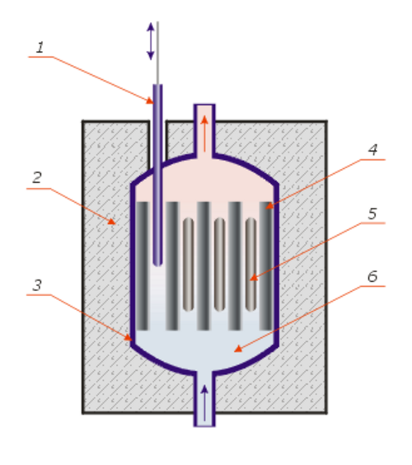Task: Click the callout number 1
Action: pos(40,48)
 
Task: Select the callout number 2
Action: pos(37,177)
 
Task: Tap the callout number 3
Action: pos(37,285)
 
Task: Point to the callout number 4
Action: pos(373,150)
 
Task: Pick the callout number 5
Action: pos(372,214)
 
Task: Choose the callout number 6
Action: pos(372,276)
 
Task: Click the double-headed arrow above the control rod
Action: pos(151,41)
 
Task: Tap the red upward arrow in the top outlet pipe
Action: pos(204,134)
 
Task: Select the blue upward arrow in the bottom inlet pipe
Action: pos(204,402)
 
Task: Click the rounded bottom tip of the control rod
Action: pos(157,263)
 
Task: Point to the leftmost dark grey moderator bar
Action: pos(142,265)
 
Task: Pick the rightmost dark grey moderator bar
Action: pos(265,265)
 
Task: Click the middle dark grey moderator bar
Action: pos(204,265)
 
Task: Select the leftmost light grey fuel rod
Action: pos(188,264)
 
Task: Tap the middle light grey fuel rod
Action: pos(219,264)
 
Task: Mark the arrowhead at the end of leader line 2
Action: pos(112,222)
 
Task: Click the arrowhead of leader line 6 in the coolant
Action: pos(238,349)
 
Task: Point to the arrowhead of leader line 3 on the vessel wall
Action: pos(128,338)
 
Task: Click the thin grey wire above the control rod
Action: pos(157,53)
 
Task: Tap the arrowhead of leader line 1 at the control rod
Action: pos(150,101)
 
